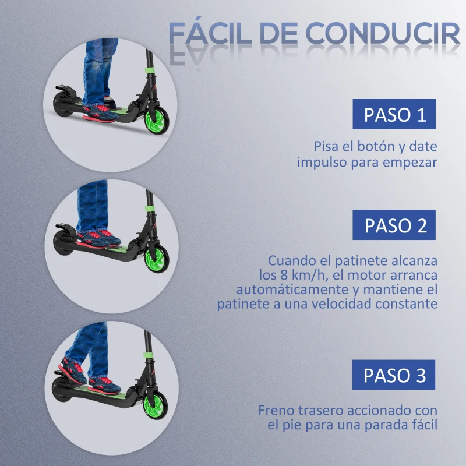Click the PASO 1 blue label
coord(394,114)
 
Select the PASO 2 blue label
coord(394,225)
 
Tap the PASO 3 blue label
coord(394,375)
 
